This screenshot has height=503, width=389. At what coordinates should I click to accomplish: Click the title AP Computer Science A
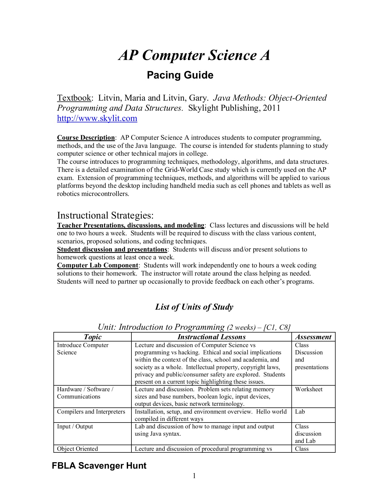(x=194, y=55)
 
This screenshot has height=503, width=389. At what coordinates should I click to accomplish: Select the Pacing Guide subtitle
(x=180, y=75)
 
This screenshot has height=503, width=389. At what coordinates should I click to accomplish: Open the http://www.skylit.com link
(x=97, y=118)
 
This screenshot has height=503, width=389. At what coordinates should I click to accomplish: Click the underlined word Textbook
(x=74, y=98)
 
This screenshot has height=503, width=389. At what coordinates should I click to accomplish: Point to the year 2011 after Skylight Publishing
(x=270, y=108)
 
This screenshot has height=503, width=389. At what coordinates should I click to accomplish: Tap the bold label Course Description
(x=86, y=138)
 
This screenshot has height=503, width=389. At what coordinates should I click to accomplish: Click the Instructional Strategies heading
(x=105, y=215)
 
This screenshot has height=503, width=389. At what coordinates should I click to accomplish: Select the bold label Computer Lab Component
(x=98, y=265)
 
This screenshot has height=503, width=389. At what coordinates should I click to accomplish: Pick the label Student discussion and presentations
(x=112, y=249)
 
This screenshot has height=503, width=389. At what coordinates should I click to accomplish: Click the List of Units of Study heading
(x=194, y=307)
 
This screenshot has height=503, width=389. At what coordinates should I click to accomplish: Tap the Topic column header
(x=93, y=337)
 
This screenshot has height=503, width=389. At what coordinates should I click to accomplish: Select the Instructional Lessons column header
(x=211, y=337)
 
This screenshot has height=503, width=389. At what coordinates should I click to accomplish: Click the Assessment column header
(x=313, y=337)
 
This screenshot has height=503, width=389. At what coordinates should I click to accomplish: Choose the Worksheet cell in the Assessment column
(x=308, y=389)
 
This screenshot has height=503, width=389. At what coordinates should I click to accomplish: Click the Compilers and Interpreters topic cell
(x=91, y=412)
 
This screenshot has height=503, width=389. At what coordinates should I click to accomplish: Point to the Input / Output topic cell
(x=75, y=426)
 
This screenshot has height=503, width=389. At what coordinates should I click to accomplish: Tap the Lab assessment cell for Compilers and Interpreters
(x=300, y=412)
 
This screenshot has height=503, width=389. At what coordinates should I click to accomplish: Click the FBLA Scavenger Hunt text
(x=99, y=466)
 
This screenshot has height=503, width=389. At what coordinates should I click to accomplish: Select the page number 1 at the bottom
(x=194, y=476)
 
